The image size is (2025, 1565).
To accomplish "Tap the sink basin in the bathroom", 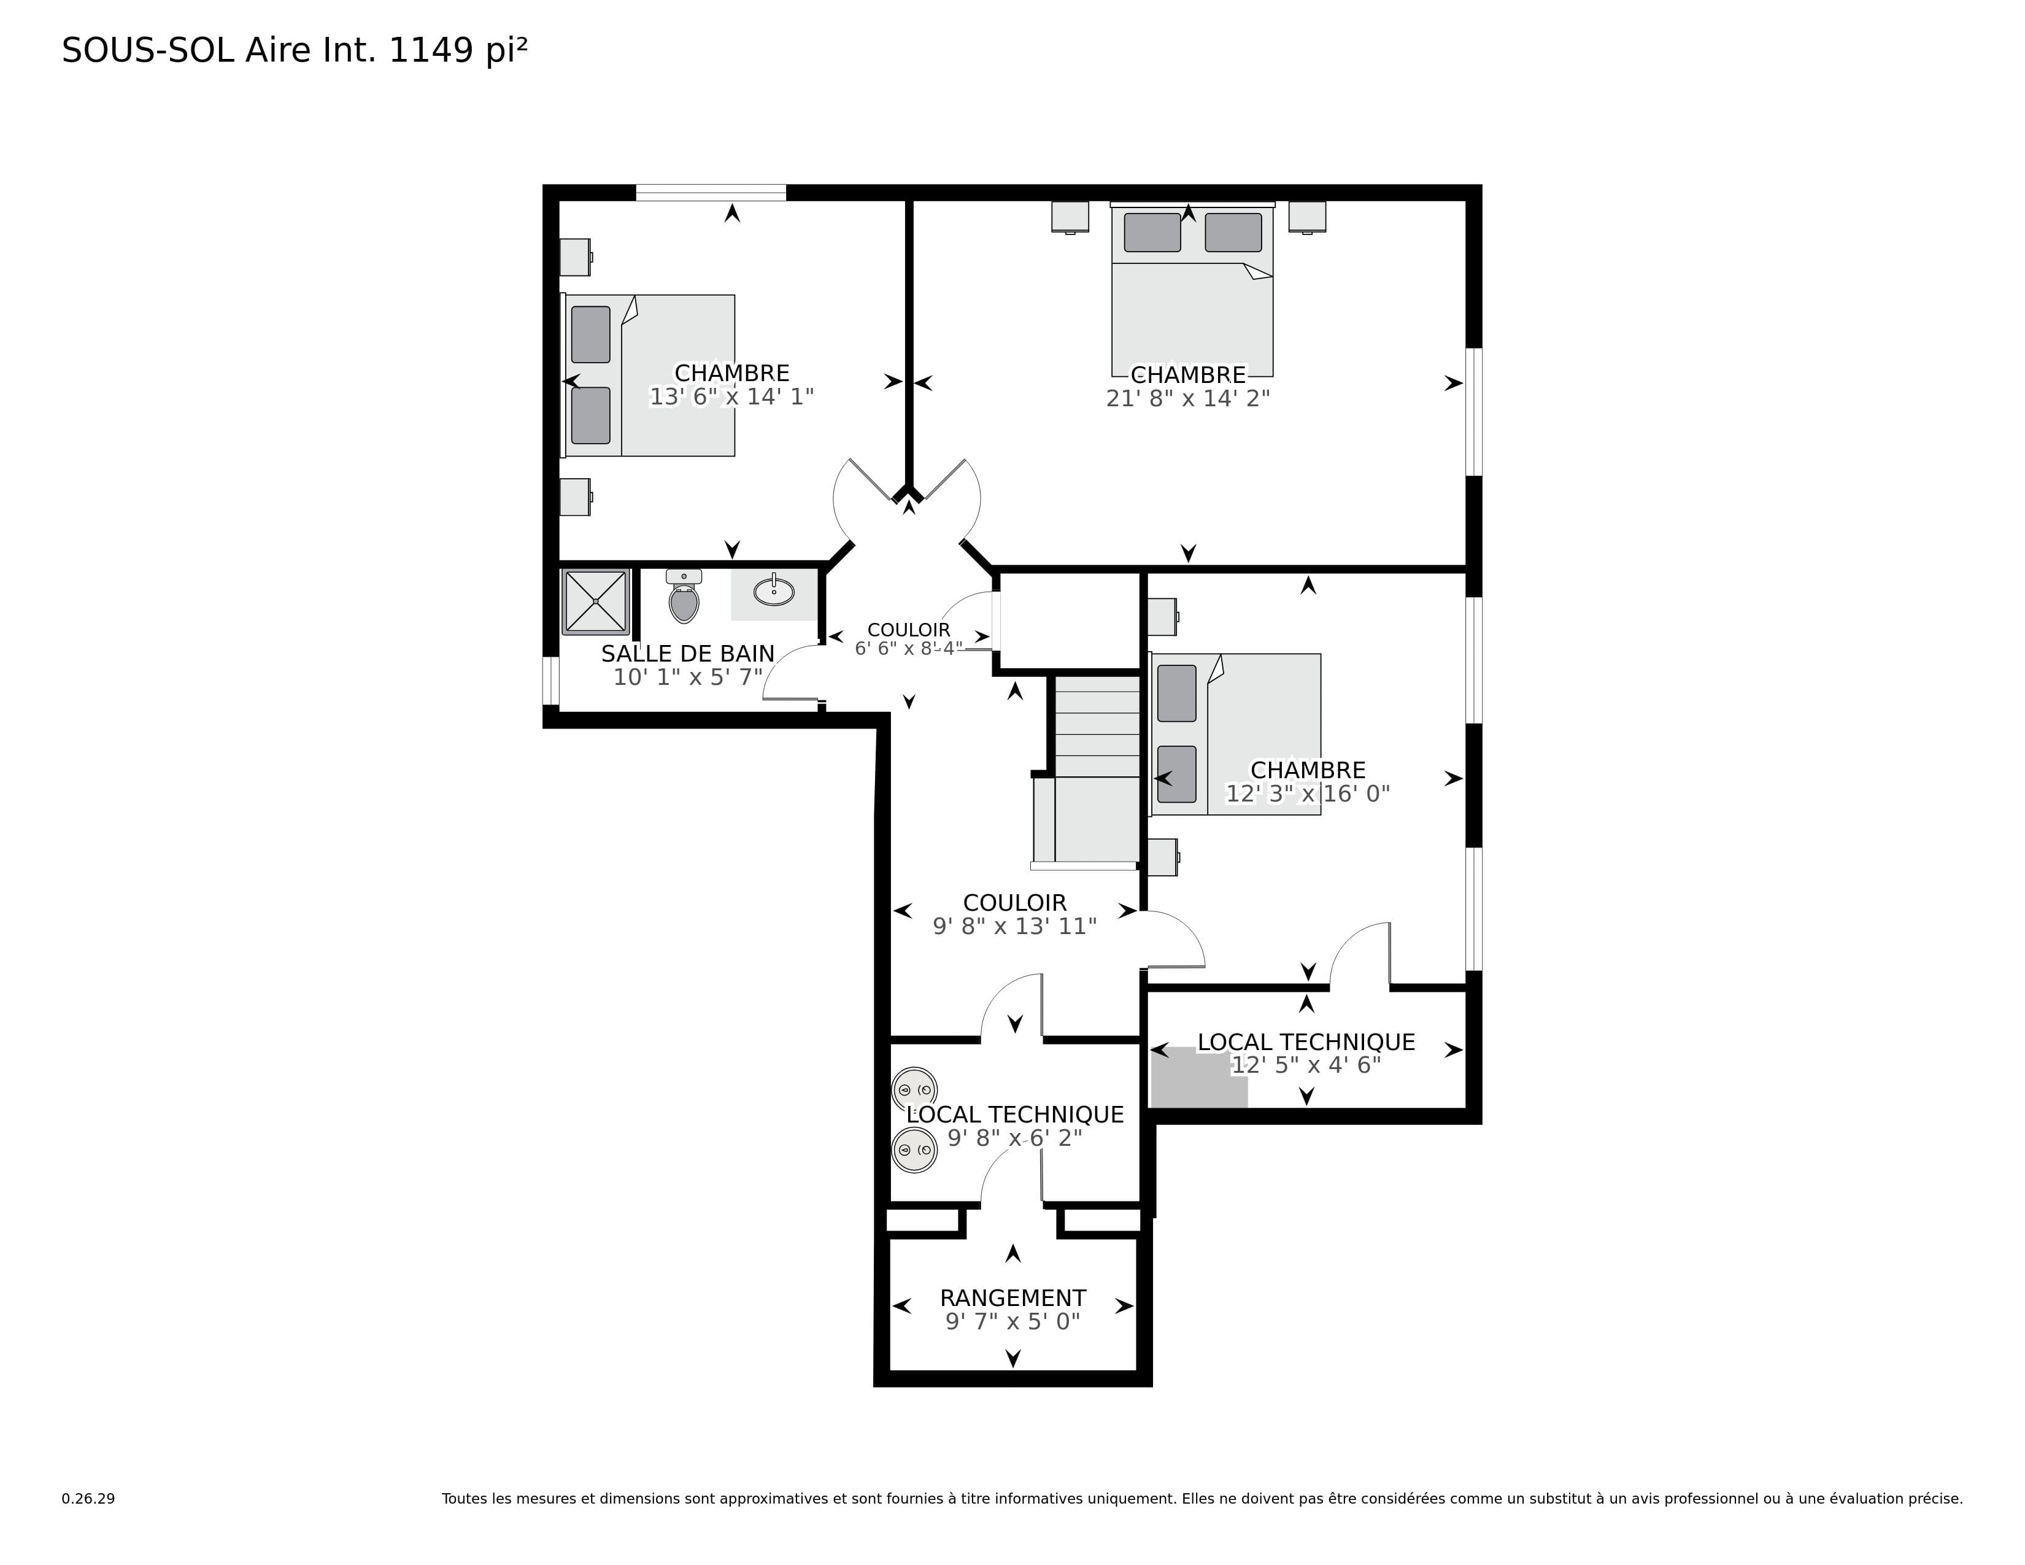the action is tap(773, 590).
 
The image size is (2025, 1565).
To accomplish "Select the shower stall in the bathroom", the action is tap(595, 601).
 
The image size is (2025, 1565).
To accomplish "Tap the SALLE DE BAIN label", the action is tap(687, 654).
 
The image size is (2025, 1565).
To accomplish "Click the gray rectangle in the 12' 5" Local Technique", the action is tap(1199, 1077).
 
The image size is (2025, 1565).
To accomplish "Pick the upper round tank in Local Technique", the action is tap(914, 1091).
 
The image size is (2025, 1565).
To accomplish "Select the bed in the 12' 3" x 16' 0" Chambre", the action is tap(1235, 734).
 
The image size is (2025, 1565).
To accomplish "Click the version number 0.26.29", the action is tap(88, 1498).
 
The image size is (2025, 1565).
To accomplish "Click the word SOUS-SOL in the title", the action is tap(148, 50).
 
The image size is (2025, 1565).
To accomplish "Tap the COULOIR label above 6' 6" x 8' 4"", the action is tap(909, 630).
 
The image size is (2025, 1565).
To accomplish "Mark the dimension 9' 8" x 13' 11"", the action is tap(1014, 926).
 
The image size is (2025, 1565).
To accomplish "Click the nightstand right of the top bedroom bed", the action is tap(1307, 217).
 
